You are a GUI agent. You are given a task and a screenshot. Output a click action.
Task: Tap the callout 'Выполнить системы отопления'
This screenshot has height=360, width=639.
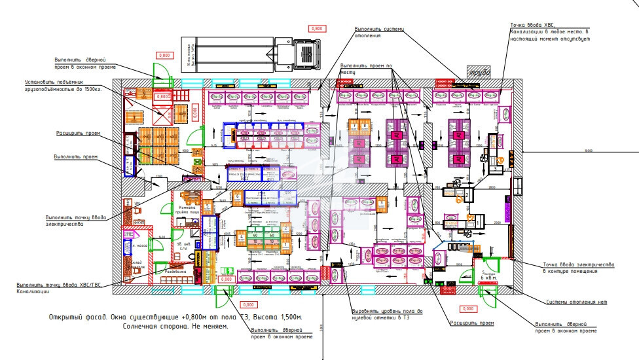(377, 32)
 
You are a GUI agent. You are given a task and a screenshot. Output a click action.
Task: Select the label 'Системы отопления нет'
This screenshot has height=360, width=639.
(576, 302)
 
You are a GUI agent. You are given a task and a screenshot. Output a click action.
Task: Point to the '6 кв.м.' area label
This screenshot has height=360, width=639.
(488, 278)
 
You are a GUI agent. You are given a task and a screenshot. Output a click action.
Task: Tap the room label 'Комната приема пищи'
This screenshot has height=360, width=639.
(189, 211)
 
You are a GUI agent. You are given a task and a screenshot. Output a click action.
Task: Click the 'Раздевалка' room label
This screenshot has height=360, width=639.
(176, 270)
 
